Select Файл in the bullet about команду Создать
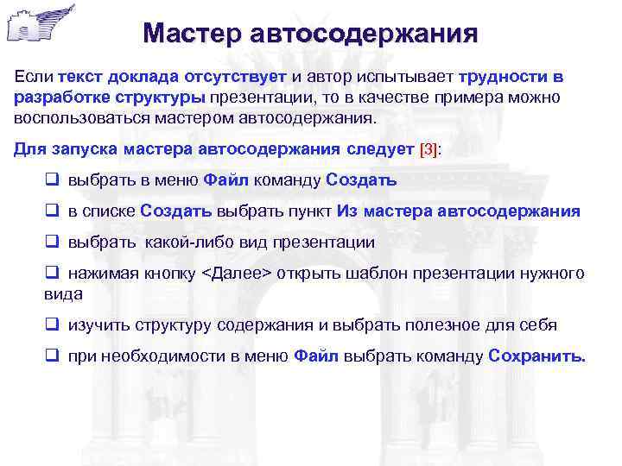coord(228,180)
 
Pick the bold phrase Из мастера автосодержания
coord(459,211)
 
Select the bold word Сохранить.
coord(536,356)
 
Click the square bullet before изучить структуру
coord(51,325)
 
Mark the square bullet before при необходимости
coord(51,356)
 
